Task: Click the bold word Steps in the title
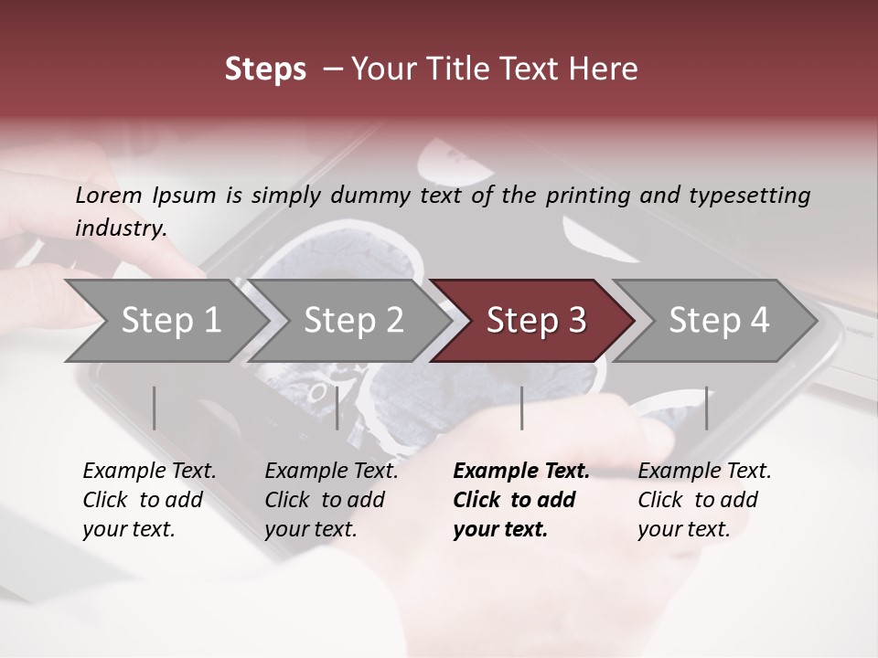click(265, 69)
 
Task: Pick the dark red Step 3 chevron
click(535, 320)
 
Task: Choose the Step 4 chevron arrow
click(718, 320)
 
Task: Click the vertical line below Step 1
click(155, 408)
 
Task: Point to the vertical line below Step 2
click(337, 408)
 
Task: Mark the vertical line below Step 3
click(521, 408)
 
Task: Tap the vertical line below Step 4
click(706, 408)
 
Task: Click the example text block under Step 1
click(149, 500)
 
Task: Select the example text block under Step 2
click(331, 500)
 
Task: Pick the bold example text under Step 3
click(520, 500)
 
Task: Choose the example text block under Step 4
click(704, 500)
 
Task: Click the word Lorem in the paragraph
click(108, 196)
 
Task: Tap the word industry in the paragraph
click(119, 228)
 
